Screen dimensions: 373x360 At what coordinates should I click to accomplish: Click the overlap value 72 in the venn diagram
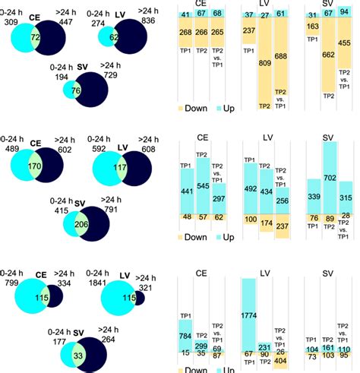[35, 37]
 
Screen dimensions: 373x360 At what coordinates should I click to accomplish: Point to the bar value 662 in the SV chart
[329, 55]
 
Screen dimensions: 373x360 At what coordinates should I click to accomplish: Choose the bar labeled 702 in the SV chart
[329, 178]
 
